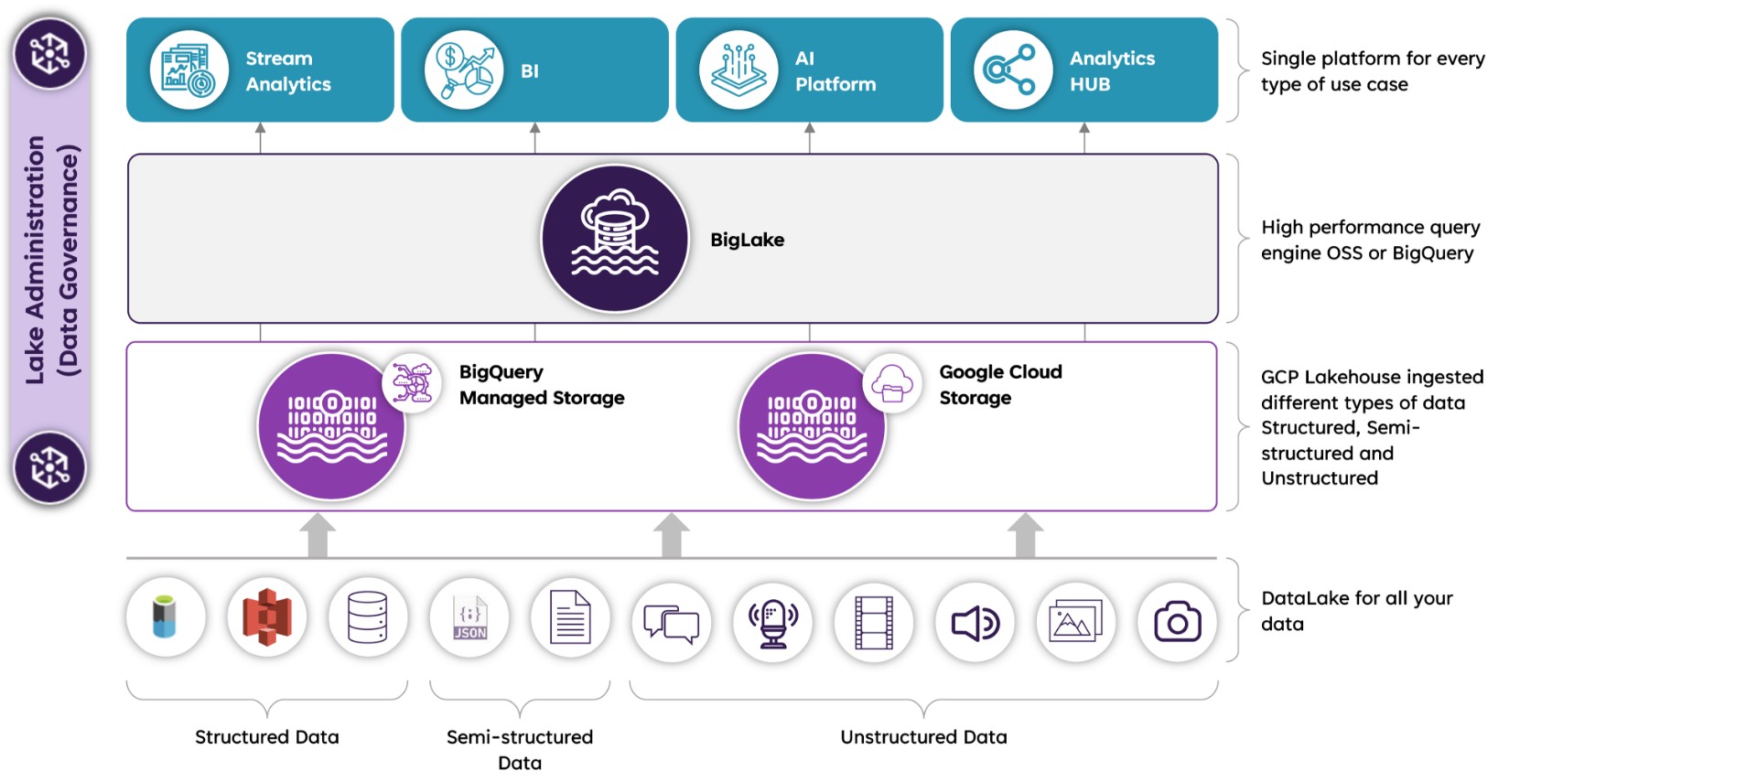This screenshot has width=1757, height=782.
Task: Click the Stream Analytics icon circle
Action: click(x=189, y=70)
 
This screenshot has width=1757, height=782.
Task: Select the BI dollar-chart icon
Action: click(x=464, y=70)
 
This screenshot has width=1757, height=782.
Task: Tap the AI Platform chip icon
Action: click(x=738, y=70)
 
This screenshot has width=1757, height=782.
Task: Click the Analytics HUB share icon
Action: click(x=1013, y=70)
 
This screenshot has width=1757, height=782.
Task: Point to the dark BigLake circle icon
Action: click(x=615, y=239)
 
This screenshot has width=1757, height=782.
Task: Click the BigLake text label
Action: click(x=747, y=240)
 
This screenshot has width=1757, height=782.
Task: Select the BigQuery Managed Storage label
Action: click(x=542, y=384)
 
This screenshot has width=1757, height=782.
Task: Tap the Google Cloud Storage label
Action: click(x=1000, y=384)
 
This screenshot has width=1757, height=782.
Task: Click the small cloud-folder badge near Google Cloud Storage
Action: click(x=892, y=383)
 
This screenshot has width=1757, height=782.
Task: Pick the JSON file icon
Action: click(x=469, y=618)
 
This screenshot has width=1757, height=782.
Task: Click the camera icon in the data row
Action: click(x=1177, y=622)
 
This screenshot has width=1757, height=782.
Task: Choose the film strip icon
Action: click(x=874, y=622)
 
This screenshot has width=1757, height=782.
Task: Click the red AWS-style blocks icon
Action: click(x=266, y=617)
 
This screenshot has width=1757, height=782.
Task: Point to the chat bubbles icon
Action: click(x=672, y=623)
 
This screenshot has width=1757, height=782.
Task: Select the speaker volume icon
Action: click(x=976, y=622)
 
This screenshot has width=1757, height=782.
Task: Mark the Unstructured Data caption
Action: click(x=923, y=737)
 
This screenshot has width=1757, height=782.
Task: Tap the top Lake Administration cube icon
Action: click(x=50, y=53)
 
